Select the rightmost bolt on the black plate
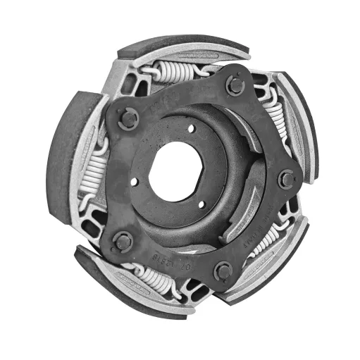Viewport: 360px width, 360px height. [x=285, y=179]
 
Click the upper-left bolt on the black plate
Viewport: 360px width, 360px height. [x=127, y=118]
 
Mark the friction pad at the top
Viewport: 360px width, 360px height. [x=185, y=48]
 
